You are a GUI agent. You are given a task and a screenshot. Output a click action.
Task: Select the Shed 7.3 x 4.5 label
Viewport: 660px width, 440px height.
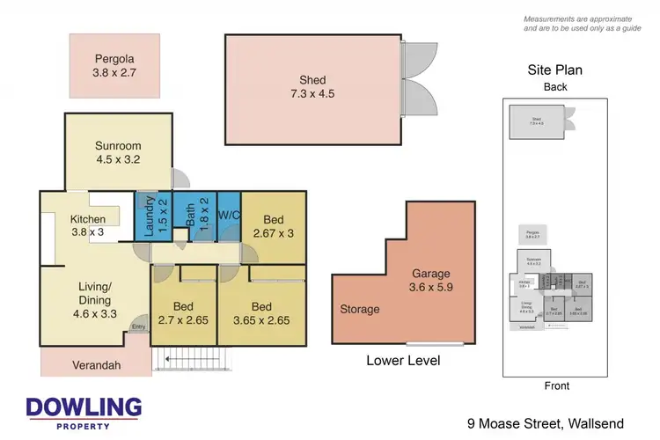[x=312, y=87]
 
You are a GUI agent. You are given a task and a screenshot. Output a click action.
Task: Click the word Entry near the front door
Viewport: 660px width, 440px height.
[x=138, y=327]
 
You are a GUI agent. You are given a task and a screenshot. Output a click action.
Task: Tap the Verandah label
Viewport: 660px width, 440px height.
[x=94, y=363]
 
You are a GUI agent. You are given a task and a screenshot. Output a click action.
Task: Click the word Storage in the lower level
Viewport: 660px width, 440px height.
[x=361, y=309]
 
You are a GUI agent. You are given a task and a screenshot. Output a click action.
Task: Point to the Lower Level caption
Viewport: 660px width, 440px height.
[x=404, y=361]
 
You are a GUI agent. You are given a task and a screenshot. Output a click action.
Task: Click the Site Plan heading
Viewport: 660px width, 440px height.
[x=554, y=70]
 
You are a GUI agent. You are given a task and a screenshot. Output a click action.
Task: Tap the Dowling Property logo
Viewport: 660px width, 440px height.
[x=84, y=413]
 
